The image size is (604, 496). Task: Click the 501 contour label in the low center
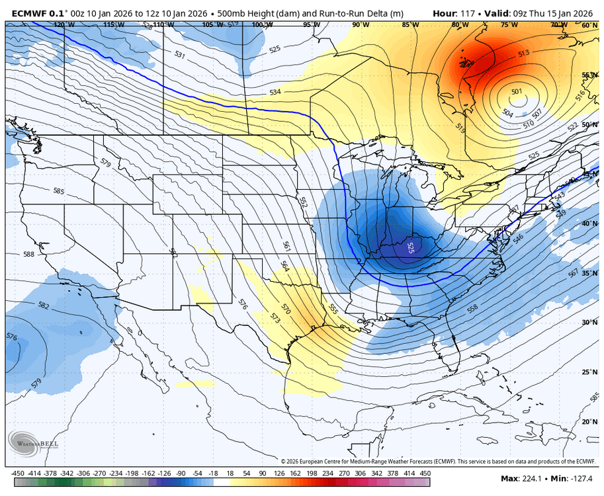point(517,92)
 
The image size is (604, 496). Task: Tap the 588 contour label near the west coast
point(28,254)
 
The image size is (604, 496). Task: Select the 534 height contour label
point(276,93)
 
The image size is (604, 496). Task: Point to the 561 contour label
point(286,246)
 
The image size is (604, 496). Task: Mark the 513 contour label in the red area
point(523,53)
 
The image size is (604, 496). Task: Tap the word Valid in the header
point(498,13)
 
